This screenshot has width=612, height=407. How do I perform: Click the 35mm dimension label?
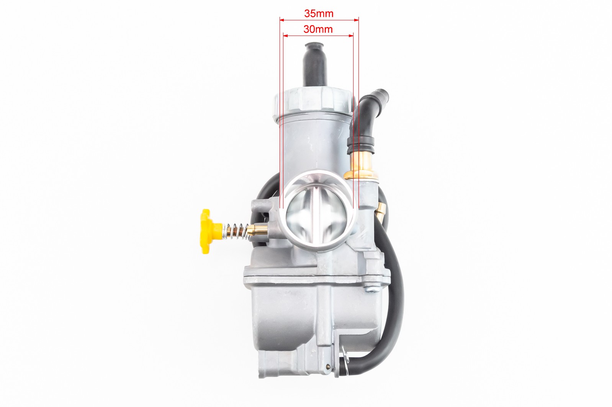319,13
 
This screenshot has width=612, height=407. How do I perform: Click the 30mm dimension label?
318,29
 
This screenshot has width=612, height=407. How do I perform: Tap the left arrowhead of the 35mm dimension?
282,20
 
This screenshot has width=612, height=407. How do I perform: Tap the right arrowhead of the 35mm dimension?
356,20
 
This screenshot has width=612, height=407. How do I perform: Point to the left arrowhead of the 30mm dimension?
286,36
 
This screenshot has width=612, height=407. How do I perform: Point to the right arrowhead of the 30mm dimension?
351,36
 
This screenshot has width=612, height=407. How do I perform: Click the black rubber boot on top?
315,64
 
